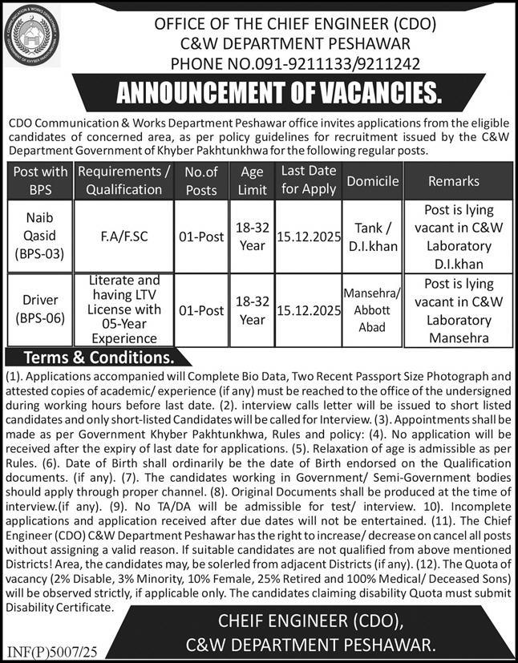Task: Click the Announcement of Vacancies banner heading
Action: (279, 95)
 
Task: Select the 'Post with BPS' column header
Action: (42, 180)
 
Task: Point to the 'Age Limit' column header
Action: (253, 180)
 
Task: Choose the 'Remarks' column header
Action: (454, 181)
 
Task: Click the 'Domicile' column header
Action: (372, 181)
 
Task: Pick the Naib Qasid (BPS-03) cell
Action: (42, 238)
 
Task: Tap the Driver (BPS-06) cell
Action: (42, 309)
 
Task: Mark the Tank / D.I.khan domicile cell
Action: (372, 238)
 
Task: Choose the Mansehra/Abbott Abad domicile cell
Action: (372, 309)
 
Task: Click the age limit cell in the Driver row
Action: (253, 309)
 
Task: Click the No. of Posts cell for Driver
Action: (200, 309)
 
